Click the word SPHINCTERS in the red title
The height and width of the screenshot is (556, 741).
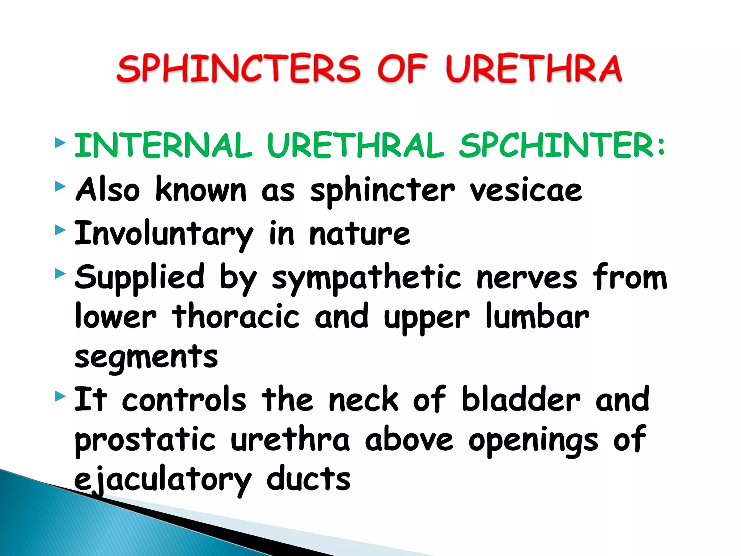tap(239, 69)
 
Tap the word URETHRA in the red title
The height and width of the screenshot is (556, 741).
tap(534, 69)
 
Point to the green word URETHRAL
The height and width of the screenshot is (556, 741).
tap(356, 146)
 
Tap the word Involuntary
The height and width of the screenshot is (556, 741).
tap(164, 234)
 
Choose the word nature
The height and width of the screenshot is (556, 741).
tap(360, 234)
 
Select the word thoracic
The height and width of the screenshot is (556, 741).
tap(236, 317)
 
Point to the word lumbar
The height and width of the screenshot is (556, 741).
tap(537, 317)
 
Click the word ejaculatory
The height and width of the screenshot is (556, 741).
tap(162, 480)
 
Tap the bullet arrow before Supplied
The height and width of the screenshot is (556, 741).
tap(60, 274)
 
